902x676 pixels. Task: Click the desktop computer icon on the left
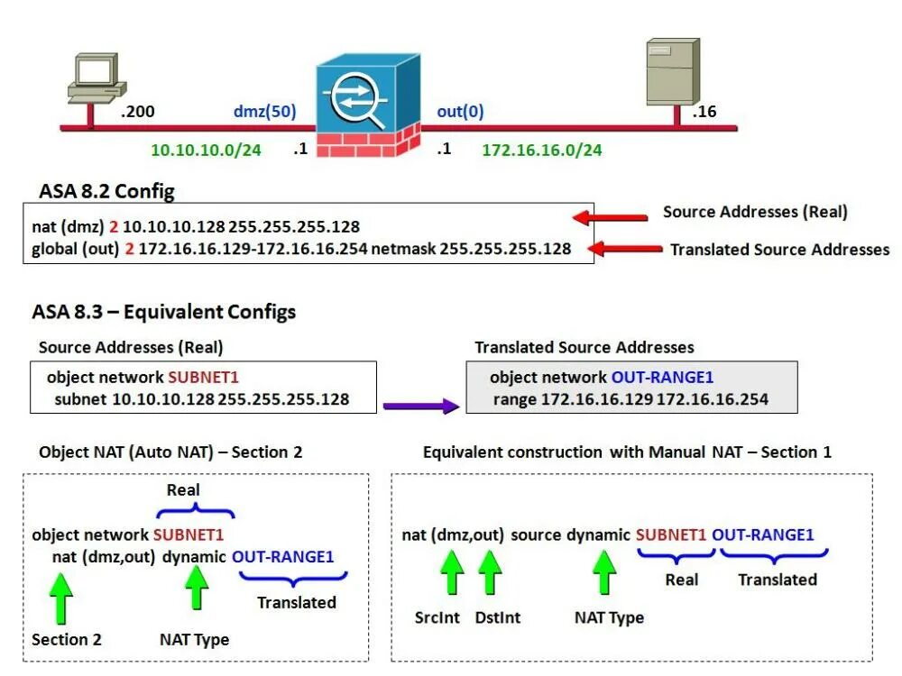coord(93,79)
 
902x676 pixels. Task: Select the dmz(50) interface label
coord(264,111)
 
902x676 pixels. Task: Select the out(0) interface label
coord(460,111)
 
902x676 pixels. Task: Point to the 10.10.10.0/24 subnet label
coord(206,150)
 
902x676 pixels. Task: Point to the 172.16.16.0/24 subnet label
coord(541,150)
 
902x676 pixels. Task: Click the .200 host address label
coord(138,112)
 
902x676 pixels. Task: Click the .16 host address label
coord(704,112)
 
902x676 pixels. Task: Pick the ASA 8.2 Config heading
coord(106,191)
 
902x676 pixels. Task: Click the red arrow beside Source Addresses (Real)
coord(611,216)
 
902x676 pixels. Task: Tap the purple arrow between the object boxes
coord(420,406)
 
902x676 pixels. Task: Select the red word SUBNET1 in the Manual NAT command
coord(670,534)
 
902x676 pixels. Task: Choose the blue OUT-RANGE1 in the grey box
coord(663,377)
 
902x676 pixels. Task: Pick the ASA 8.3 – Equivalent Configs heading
coord(163,312)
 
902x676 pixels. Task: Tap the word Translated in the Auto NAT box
coord(296,602)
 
